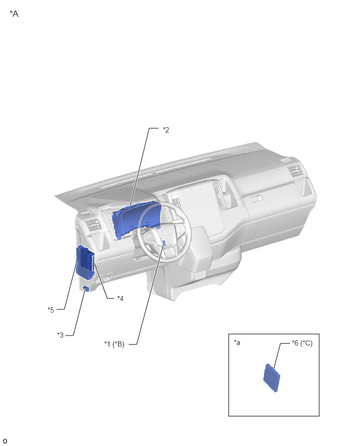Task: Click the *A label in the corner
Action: point(14,14)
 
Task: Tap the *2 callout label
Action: point(166,130)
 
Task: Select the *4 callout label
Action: point(120,298)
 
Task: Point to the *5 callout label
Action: point(51,310)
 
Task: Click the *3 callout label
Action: point(60,335)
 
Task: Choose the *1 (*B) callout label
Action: point(114,344)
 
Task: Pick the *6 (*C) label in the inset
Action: point(302,343)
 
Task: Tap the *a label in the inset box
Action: point(237,342)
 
